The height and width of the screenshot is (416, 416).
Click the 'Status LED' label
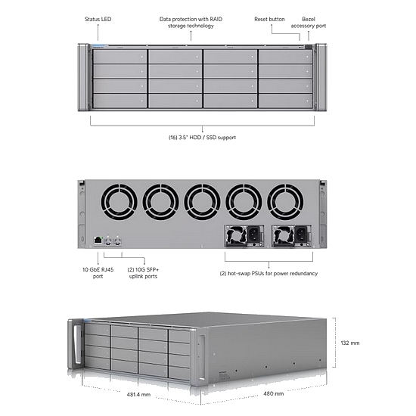98,19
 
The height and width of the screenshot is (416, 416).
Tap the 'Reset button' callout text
269,19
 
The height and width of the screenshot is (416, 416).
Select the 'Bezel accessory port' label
309,22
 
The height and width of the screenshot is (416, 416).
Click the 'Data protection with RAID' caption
191,19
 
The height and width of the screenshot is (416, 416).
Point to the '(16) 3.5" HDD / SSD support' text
202,138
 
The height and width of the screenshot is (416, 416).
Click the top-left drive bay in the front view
120,57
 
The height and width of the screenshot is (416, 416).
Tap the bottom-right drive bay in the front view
285,101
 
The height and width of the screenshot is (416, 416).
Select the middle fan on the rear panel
202,202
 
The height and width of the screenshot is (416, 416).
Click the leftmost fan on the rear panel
119,202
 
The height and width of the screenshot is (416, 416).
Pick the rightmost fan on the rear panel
285,202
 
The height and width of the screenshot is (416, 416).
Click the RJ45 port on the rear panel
98,240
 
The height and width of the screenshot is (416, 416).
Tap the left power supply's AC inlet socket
254,234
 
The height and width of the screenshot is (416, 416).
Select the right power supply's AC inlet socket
301,234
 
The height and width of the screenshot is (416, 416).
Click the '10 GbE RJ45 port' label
98,273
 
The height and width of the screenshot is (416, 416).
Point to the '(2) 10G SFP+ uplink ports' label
143,273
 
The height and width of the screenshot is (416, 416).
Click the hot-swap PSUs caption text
269,274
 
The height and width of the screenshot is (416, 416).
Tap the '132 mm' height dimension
350,343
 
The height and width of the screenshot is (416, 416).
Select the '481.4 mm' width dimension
138,395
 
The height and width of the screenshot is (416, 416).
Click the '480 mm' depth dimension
274,394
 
